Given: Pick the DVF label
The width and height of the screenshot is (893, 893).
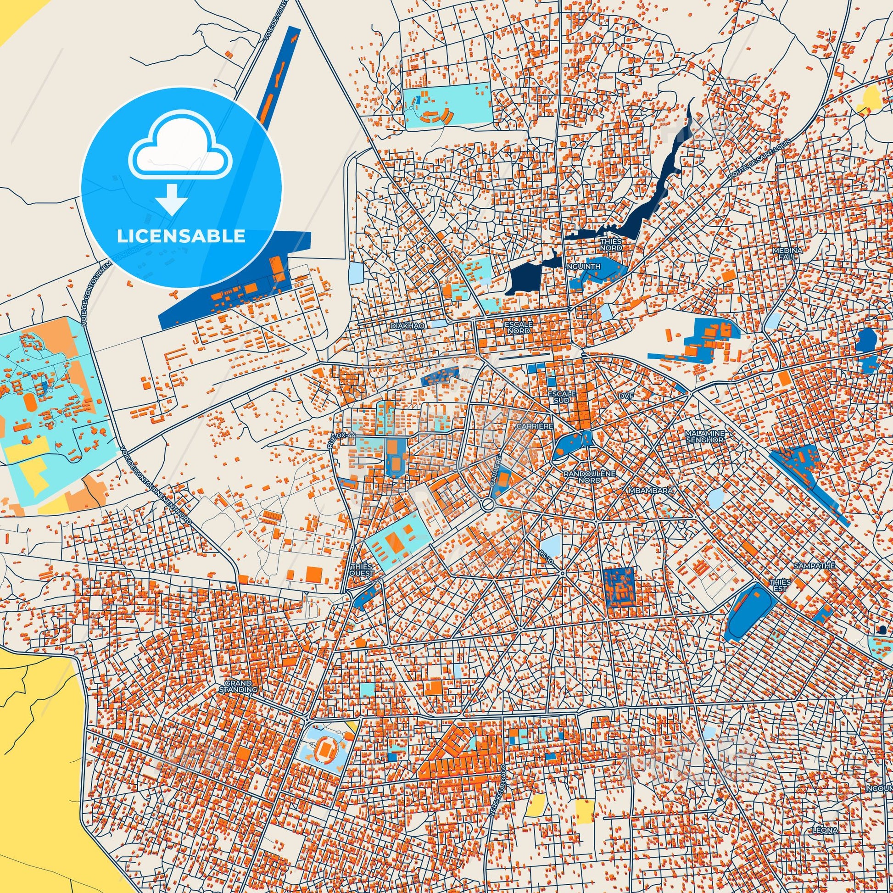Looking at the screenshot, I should coord(627,396).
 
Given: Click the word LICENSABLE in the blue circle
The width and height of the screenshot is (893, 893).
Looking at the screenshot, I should coord(181,236).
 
